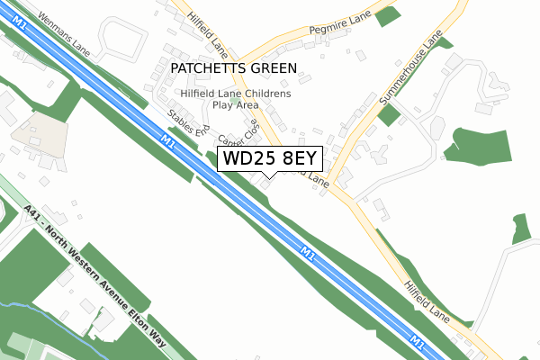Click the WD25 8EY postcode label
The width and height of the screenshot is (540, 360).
[269, 158]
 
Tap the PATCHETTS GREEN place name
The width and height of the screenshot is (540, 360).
[233, 68]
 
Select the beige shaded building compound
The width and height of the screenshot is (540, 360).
[40, 131]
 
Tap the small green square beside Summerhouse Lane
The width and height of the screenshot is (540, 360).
[388, 114]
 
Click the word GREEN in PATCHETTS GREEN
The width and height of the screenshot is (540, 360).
[271, 68]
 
